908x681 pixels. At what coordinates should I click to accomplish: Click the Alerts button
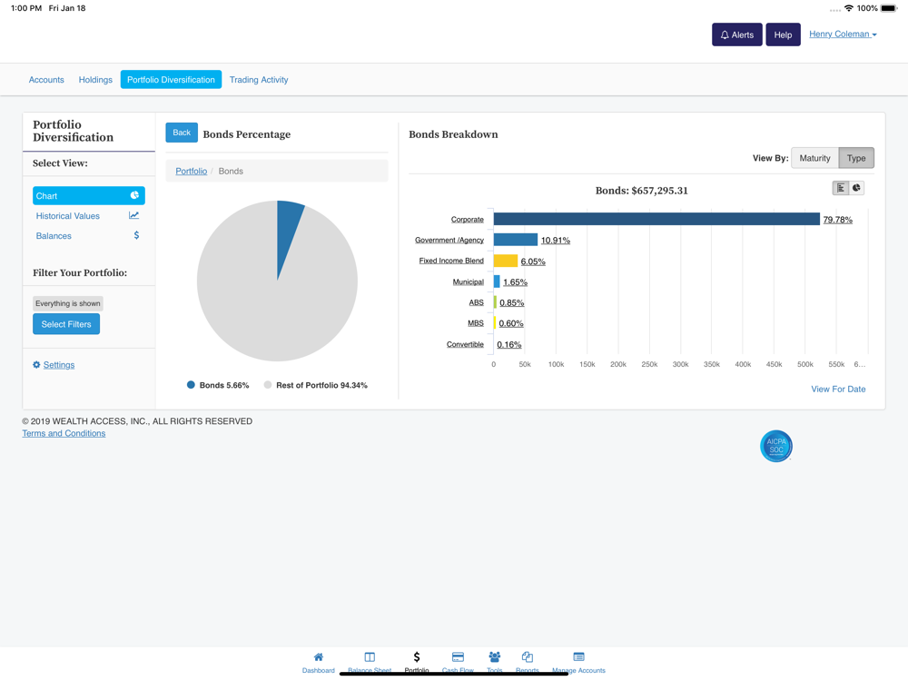[x=736, y=35]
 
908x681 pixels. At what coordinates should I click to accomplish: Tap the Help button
[x=783, y=35]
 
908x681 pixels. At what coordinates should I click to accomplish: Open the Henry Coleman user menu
[x=843, y=35]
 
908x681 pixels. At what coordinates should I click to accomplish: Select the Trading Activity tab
[x=259, y=80]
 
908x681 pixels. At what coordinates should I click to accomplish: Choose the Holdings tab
[x=95, y=80]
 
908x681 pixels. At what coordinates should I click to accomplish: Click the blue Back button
[x=182, y=133]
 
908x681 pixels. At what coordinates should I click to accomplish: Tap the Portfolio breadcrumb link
[x=191, y=171]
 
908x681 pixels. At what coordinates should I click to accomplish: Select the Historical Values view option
[x=68, y=216]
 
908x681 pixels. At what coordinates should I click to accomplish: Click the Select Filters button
[x=66, y=324]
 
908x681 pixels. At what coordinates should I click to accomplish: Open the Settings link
[x=59, y=365]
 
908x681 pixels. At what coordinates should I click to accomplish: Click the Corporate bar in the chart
[x=656, y=219]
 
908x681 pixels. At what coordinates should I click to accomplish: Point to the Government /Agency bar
[x=516, y=240]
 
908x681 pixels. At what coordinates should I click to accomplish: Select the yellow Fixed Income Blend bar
[x=505, y=261]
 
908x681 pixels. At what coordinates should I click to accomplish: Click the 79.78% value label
[x=837, y=220]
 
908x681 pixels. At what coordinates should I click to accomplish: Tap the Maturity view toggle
[x=814, y=158]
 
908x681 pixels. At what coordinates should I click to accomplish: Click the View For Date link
[x=838, y=390]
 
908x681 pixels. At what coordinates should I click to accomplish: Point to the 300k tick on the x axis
[x=680, y=364]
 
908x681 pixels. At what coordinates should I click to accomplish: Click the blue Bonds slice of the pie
[x=289, y=227]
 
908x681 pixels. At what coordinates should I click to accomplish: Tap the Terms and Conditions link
[x=64, y=433]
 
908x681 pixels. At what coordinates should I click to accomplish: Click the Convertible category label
[x=465, y=344]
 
